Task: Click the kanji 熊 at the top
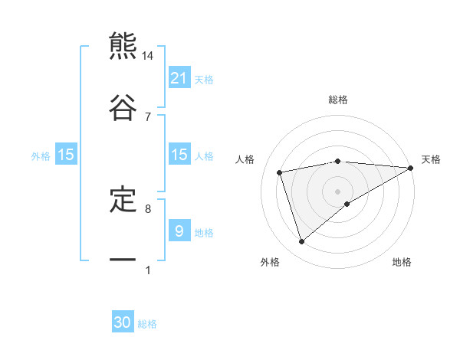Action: click(123, 47)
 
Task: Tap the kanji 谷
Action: click(123, 107)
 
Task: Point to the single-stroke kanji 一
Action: click(123, 260)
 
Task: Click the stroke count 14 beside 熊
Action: click(148, 56)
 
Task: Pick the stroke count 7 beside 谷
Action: click(148, 116)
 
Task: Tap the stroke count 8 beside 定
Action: click(148, 208)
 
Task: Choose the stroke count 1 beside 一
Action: click(148, 270)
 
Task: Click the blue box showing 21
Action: click(179, 78)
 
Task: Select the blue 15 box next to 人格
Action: click(179, 155)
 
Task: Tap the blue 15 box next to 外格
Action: click(66, 155)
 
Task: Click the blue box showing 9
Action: click(179, 231)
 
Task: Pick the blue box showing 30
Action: click(123, 322)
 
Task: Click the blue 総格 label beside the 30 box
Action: click(147, 324)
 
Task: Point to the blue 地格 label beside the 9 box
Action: click(204, 232)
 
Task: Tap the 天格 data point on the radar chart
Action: click(410, 168)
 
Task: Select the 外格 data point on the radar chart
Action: click(301, 241)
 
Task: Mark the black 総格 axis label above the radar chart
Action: click(337, 100)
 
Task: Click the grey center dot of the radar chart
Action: click(337, 191)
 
